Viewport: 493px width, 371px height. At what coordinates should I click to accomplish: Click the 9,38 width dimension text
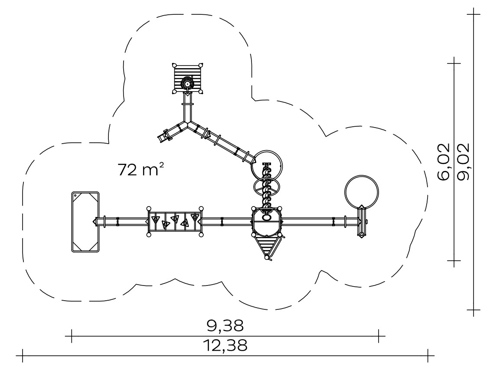click(x=225, y=326)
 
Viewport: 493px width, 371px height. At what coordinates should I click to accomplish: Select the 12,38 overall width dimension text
click(x=225, y=345)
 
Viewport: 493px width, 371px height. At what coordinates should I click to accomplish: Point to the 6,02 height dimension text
click(x=443, y=162)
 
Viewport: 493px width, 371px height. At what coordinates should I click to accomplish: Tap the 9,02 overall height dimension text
click(x=463, y=162)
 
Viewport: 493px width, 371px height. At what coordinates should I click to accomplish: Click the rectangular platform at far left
click(x=85, y=222)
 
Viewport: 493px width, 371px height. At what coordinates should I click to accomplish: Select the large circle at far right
click(x=362, y=192)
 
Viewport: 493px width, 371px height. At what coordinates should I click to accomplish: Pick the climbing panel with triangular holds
click(x=175, y=222)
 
